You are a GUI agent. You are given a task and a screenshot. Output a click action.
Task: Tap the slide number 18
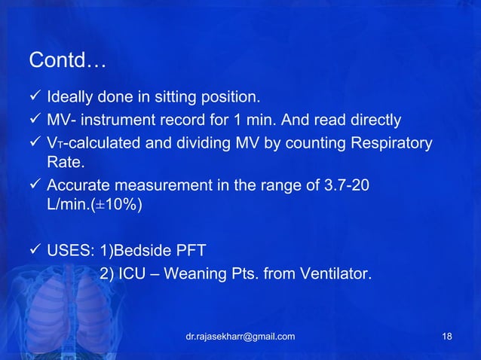pyautogui.click(x=447, y=336)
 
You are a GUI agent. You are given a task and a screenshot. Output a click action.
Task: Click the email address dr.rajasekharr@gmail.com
pyautogui.click(x=240, y=336)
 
